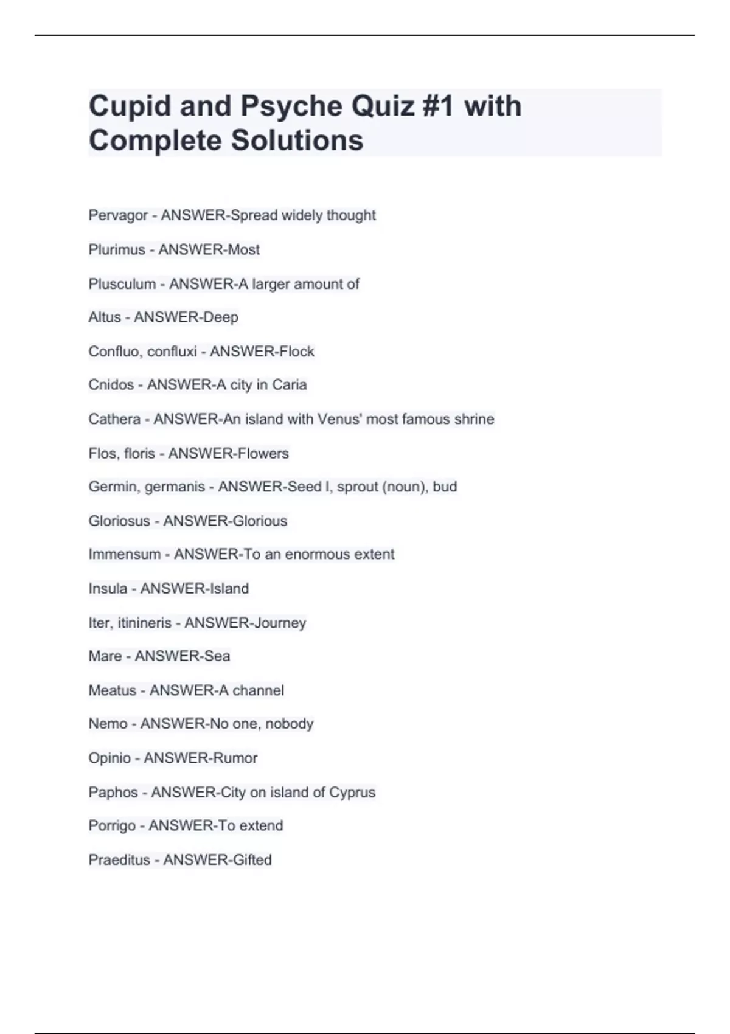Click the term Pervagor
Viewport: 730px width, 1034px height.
click(118, 215)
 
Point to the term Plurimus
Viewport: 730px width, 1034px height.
click(117, 249)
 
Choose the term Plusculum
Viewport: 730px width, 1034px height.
click(122, 284)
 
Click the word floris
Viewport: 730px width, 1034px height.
click(139, 453)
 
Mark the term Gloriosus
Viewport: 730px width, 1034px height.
click(119, 521)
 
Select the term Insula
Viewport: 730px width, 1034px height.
click(108, 588)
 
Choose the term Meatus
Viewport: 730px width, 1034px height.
click(113, 690)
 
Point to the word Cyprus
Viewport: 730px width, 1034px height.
click(352, 793)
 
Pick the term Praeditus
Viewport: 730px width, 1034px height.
click(119, 860)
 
